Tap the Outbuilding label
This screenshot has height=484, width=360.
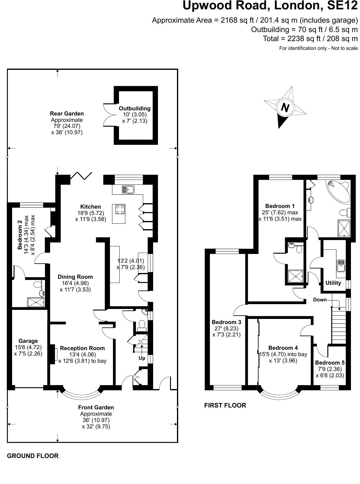click(134, 108)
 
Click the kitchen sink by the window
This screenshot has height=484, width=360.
click(128, 190)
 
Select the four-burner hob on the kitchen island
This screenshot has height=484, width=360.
click(119, 210)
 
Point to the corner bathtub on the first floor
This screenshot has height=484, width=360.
click(337, 190)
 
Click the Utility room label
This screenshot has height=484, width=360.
click(333, 283)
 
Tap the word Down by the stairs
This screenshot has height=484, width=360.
click(320, 300)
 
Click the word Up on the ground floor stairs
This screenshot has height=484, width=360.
click(142, 358)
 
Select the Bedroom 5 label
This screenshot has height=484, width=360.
click(329, 362)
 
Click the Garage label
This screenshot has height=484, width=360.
click(28, 341)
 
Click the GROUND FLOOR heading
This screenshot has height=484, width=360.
click(33, 456)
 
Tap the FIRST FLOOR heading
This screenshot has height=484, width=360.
click(225, 405)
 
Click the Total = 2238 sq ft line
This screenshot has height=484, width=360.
click(310, 39)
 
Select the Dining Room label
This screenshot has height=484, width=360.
click(75, 277)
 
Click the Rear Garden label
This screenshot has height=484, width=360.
click(67, 113)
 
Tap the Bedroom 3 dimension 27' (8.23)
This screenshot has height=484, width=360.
click(226, 328)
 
